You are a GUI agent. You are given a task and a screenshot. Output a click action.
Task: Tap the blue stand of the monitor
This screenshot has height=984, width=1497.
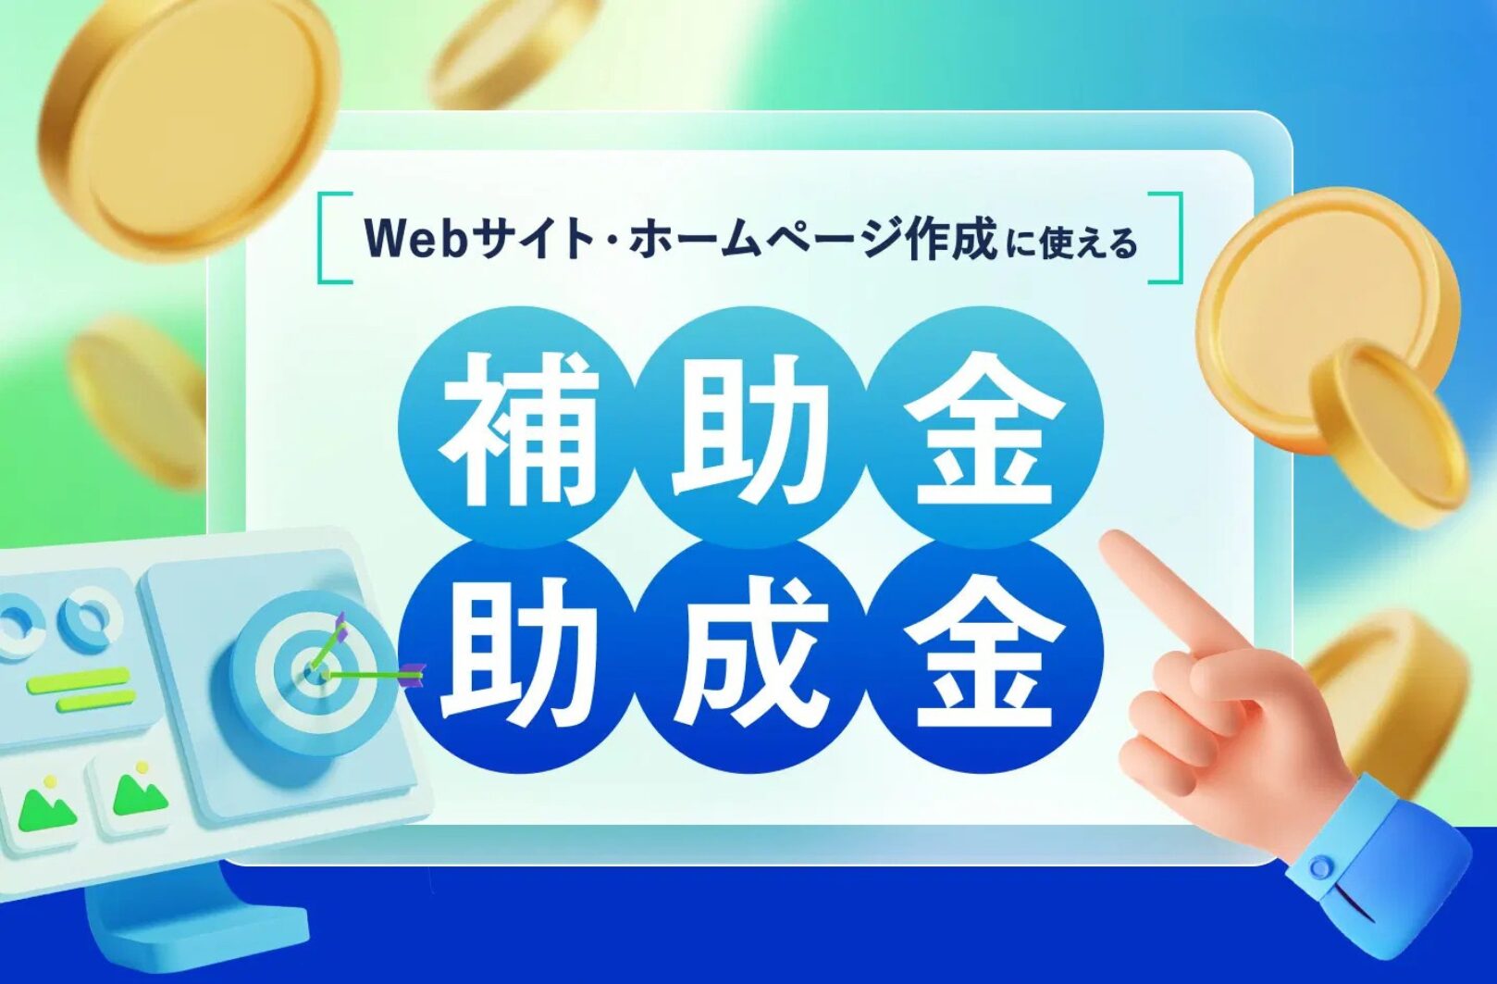[x=193, y=923]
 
